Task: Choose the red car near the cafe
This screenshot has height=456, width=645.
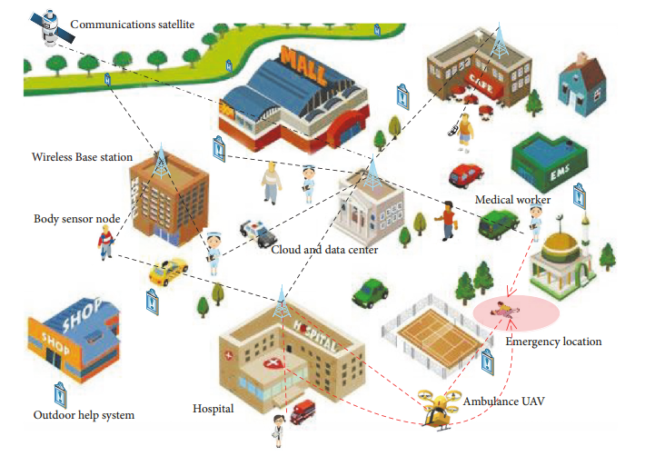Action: tap(465, 174)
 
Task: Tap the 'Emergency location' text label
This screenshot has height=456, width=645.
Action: tap(552, 342)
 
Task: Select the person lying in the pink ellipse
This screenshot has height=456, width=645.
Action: tap(501, 309)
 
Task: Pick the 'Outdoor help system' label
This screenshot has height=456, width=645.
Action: tap(84, 415)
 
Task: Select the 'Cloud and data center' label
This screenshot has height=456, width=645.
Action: tap(324, 249)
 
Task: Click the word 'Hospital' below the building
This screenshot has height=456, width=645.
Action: tap(213, 409)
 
